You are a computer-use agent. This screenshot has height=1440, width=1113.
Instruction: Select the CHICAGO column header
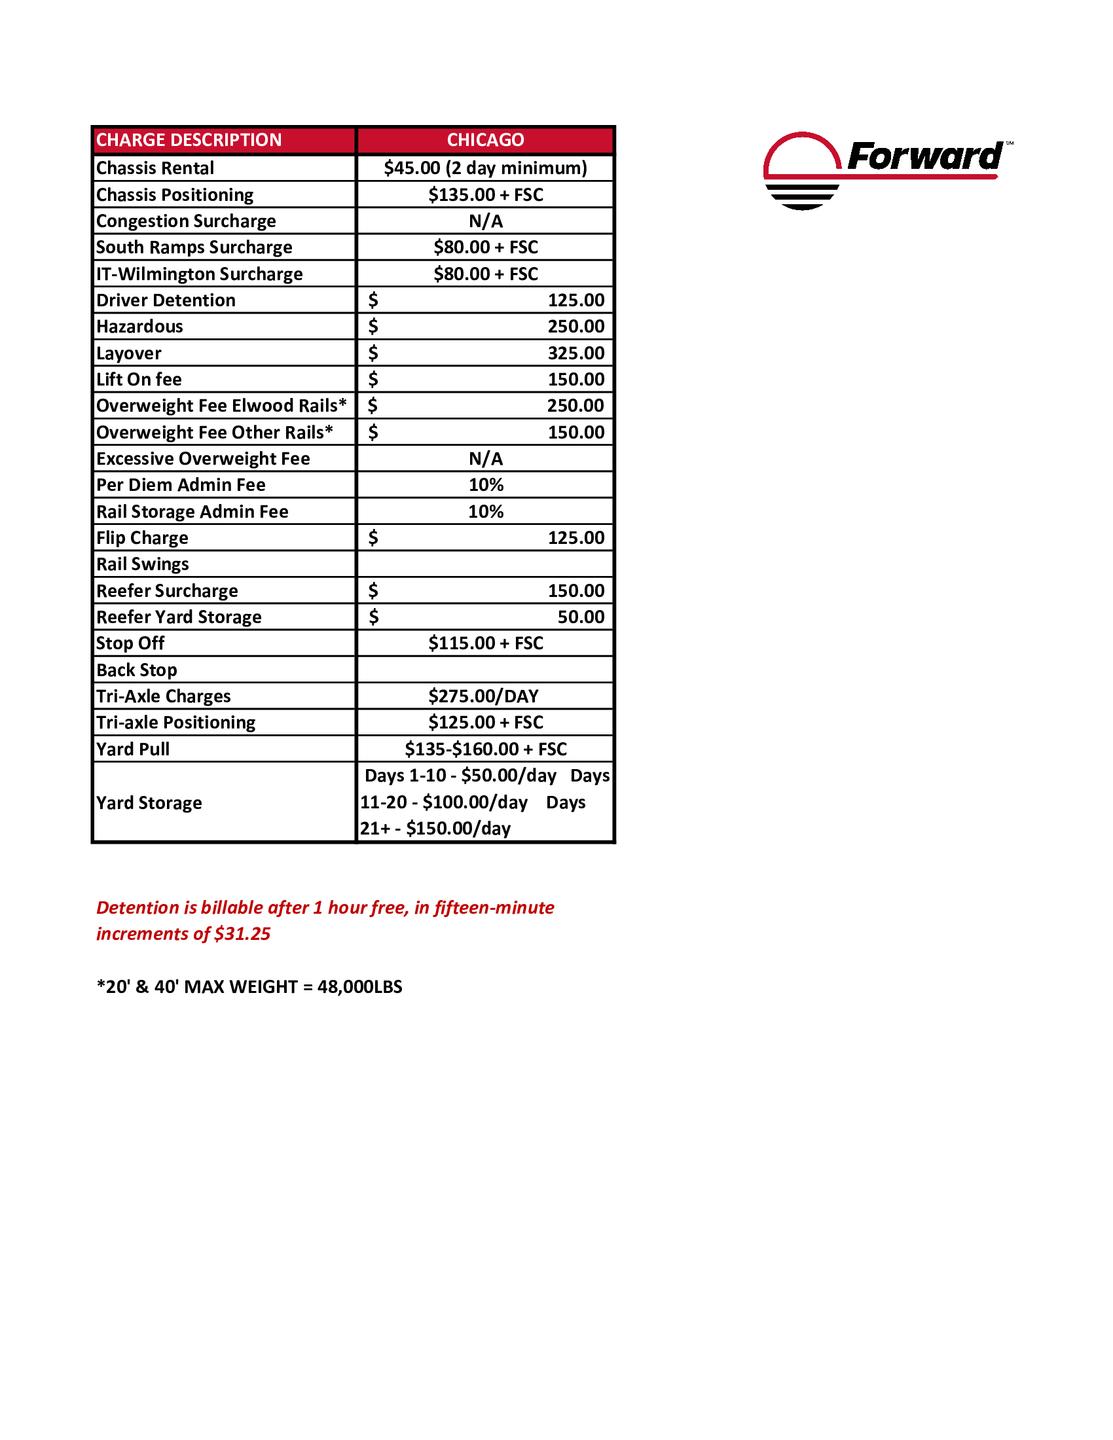pos(485,140)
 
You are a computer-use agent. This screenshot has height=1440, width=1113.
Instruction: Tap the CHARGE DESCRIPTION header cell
pos(189,140)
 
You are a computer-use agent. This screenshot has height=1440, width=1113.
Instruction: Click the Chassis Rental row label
pos(155,168)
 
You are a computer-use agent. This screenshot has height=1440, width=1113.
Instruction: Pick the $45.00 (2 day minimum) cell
pos(485,168)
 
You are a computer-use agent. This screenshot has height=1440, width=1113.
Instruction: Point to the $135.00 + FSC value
pos(485,194)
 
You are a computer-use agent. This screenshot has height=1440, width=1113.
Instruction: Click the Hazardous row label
pos(140,327)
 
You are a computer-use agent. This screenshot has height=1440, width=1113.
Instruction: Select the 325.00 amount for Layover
pos(575,353)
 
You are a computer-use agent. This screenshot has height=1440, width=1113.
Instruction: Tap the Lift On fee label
pos(139,379)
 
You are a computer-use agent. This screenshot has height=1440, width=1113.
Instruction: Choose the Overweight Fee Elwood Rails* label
pos(221,406)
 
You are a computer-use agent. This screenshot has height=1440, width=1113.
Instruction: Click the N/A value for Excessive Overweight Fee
pos(485,458)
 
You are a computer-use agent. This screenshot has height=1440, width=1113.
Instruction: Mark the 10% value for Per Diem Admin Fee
pos(485,484)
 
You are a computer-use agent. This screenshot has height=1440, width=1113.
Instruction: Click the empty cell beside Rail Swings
pos(485,564)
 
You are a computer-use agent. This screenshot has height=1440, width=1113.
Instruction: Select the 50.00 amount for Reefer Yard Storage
pos(580,617)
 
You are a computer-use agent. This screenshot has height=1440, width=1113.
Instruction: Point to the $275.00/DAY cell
pos(483,696)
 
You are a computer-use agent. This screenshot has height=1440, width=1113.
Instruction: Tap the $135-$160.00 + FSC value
pos(485,749)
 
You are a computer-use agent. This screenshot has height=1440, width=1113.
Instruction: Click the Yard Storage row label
pos(149,802)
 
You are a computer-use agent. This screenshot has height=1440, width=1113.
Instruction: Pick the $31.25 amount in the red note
pos(242,933)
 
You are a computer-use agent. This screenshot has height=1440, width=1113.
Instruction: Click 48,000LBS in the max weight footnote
pos(359,986)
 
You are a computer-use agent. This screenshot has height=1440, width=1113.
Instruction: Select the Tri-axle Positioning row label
pos(175,723)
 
